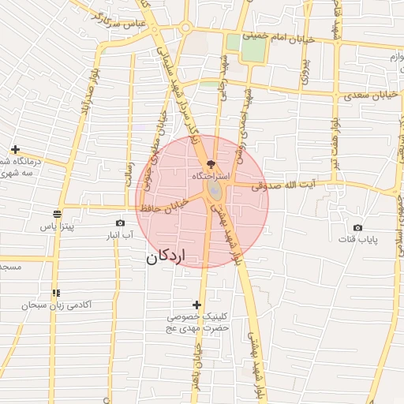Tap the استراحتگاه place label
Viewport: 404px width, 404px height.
(x=211, y=176)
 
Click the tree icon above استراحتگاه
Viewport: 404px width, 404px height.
(x=210, y=163)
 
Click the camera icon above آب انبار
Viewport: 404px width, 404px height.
(x=120, y=223)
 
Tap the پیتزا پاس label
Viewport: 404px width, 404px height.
(x=58, y=226)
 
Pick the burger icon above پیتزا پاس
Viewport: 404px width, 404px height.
(x=58, y=213)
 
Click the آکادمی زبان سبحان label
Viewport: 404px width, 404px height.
(x=64, y=305)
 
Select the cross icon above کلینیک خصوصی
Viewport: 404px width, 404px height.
(x=197, y=305)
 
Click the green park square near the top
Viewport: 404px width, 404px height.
(x=253, y=48)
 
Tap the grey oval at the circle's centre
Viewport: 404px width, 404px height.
(x=214, y=193)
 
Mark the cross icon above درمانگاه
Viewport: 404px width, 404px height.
(x=15, y=149)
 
